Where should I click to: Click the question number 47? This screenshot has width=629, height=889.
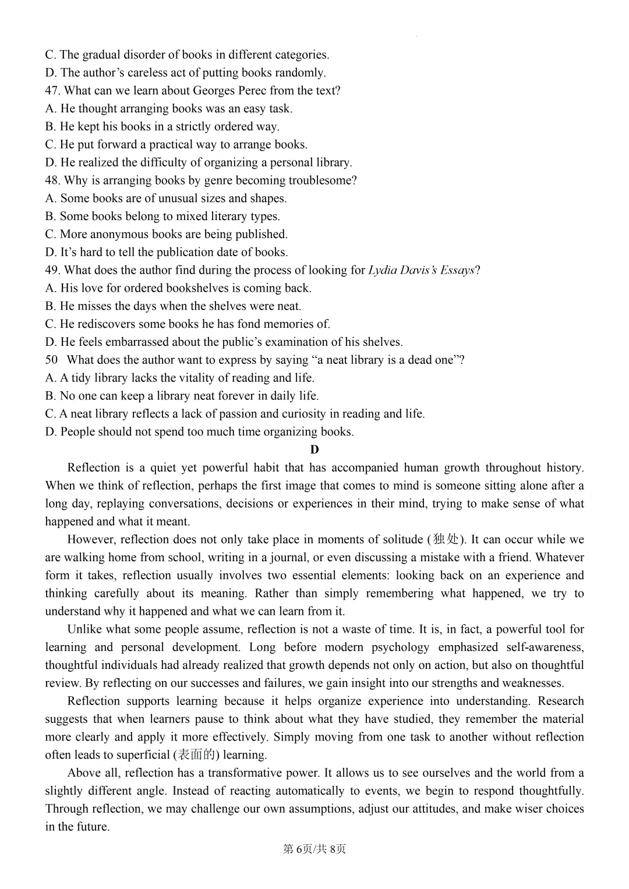tap(52, 91)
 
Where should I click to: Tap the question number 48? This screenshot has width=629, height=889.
tap(52, 180)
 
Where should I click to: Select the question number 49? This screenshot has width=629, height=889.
tap(52, 270)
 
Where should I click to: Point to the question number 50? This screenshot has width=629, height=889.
tap(51, 360)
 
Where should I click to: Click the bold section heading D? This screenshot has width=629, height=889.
tap(314, 449)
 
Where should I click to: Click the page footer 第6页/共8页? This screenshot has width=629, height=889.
tap(314, 849)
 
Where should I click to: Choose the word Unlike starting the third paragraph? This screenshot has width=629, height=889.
tap(85, 629)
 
